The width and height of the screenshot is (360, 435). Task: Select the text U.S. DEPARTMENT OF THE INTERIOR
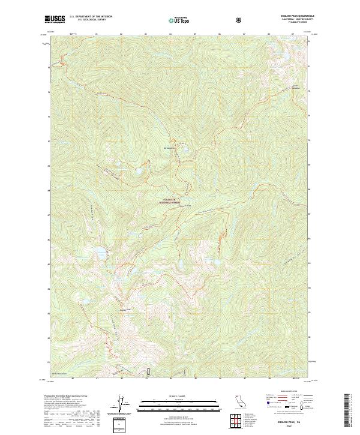point(91,17)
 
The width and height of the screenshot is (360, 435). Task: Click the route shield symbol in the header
point(240,20)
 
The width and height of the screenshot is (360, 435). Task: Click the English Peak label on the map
point(125,310)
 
